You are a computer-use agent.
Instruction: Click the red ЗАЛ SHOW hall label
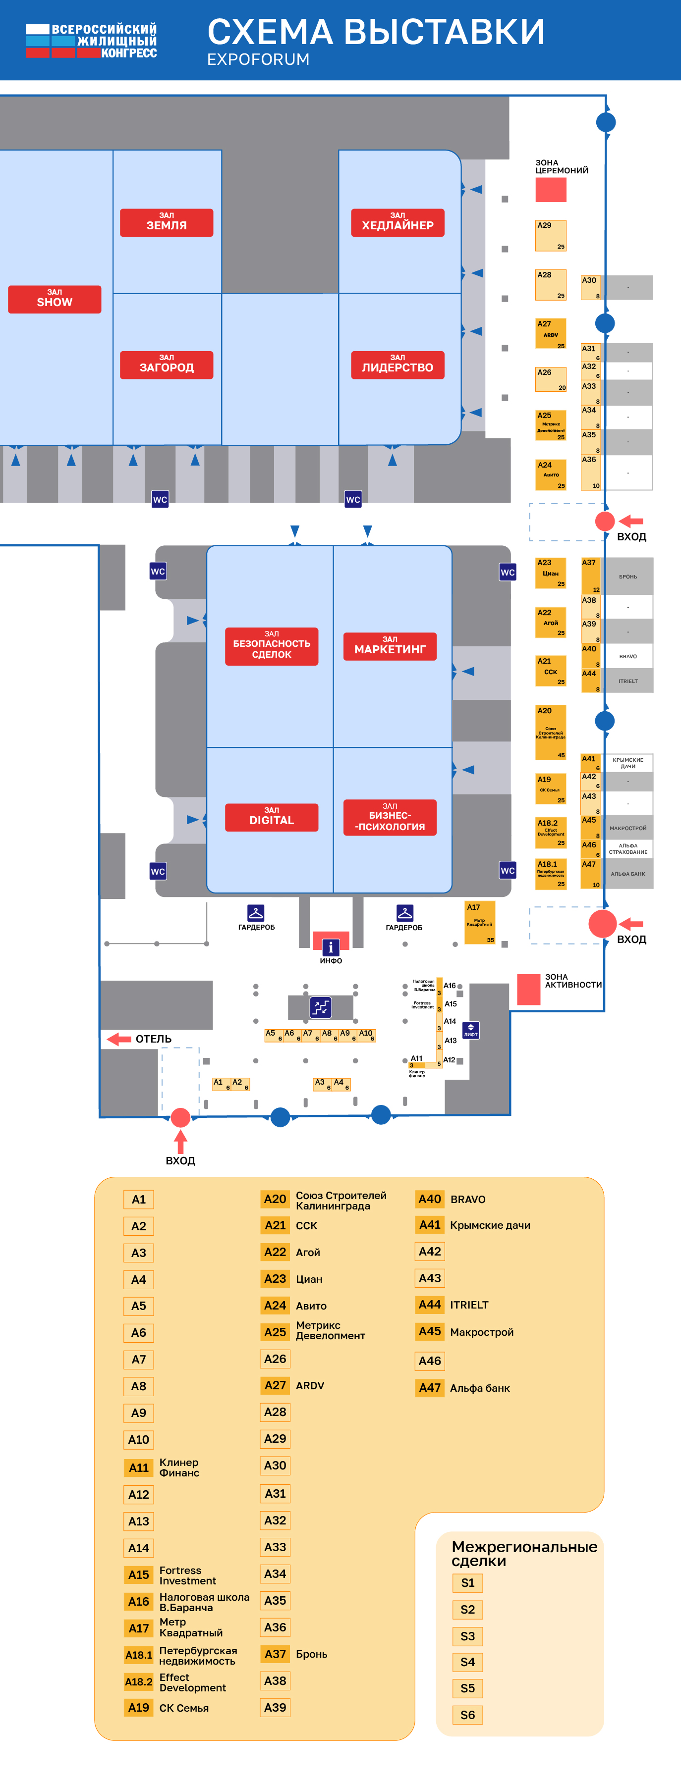click(55, 299)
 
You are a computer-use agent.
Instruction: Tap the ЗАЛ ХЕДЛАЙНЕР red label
click(397, 223)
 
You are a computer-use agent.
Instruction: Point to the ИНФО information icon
click(331, 947)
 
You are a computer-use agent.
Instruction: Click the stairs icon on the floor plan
click(321, 1007)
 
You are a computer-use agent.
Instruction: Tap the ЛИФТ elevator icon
click(471, 1031)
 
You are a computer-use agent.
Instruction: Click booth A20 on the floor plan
click(550, 732)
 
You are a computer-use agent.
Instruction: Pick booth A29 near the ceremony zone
click(550, 236)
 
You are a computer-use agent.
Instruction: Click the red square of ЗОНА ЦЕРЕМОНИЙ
click(550, 190)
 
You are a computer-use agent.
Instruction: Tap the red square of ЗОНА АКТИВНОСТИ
click(529, 989)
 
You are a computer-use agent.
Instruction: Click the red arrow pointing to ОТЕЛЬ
click(119, 1039)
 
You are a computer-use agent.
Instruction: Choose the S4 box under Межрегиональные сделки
click(468, 1662)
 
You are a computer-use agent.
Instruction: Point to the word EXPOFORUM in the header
click(258, 59)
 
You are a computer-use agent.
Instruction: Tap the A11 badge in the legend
click(138, 1467)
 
